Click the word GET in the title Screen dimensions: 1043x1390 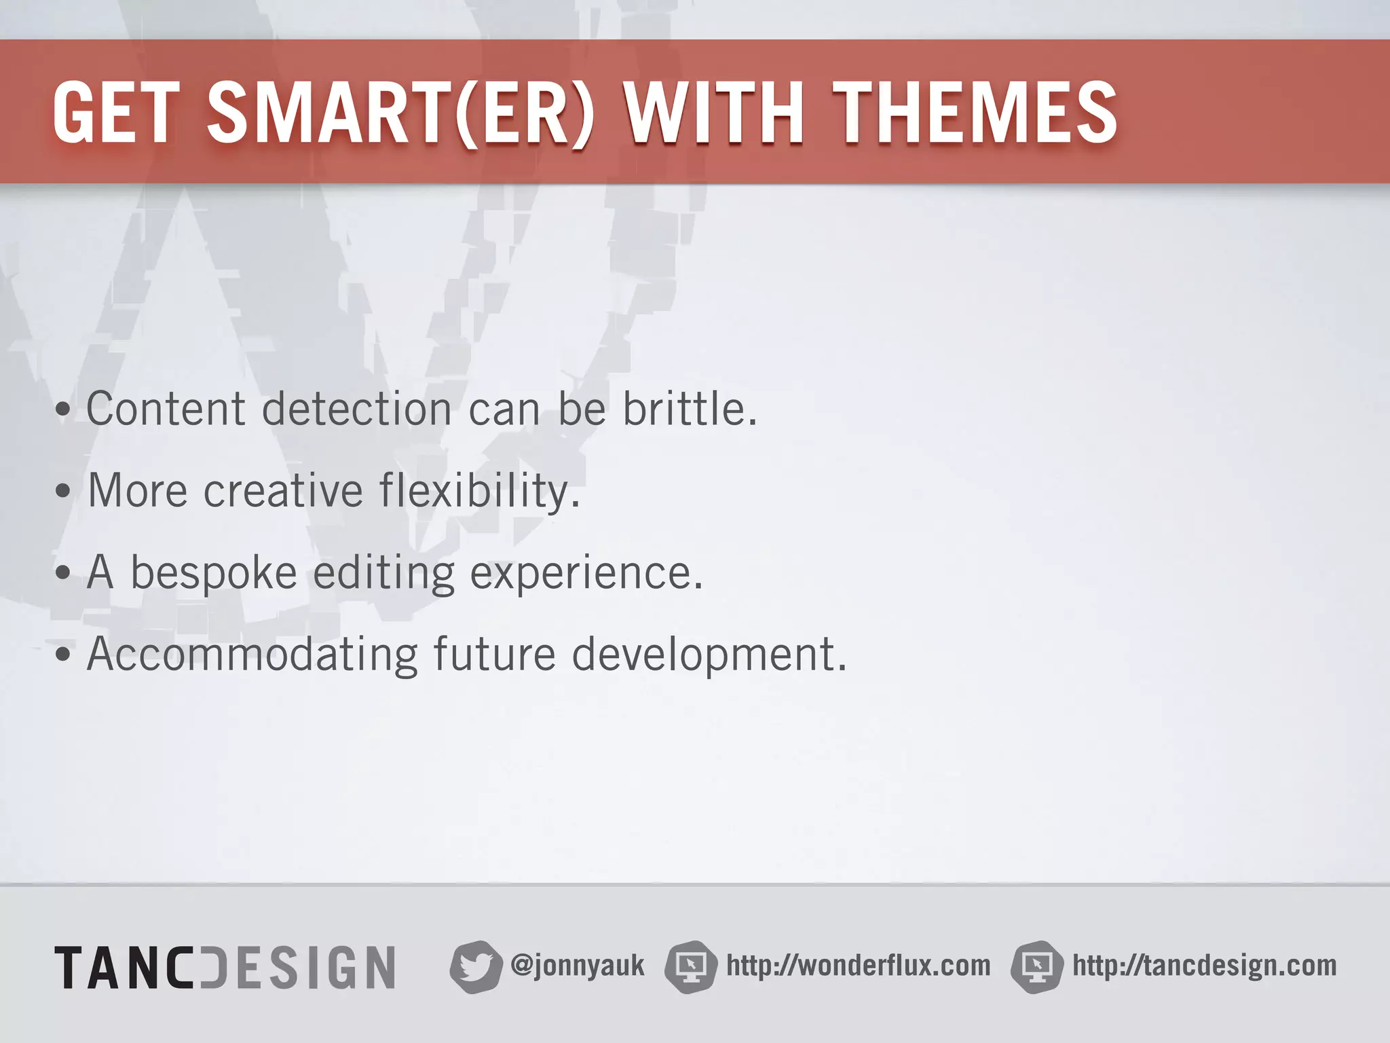coord(113,113)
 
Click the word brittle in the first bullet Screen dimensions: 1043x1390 coord(690,409)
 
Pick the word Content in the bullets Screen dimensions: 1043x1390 coord(166,409)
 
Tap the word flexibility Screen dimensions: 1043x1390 coord(479,490)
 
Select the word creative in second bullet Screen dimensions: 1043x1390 coord(283,490)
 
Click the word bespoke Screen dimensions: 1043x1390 coord(213,572)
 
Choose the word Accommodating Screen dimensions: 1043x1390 coord(252,654)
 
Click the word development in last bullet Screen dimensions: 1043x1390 coord(709,654)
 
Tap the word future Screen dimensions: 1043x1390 coord(494,654)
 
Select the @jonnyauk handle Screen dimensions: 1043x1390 coord(578,965)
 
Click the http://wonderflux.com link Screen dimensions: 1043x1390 coord(858,965)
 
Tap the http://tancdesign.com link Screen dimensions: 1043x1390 coord(1204,965)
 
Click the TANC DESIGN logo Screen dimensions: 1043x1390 coord(225,967)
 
